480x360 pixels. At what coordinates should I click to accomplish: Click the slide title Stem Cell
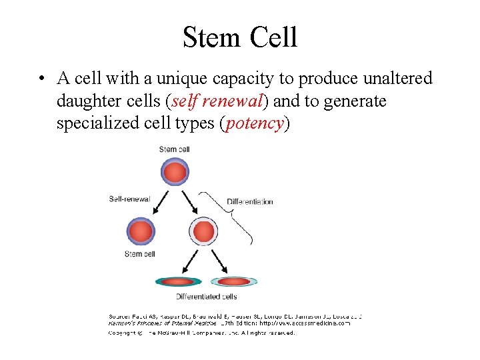(x=240, y=37)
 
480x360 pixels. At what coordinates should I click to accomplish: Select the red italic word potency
(x=256, y=124)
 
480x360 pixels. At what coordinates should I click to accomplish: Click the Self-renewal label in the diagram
(x=129, y=199)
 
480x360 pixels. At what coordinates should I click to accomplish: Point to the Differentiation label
(x=250, y=201)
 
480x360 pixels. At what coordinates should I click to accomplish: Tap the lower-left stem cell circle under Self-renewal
(x=141, y=232)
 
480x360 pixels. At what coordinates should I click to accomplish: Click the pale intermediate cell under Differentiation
(x=203, y=232)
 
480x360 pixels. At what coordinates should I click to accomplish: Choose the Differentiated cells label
(x=206, y=296)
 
